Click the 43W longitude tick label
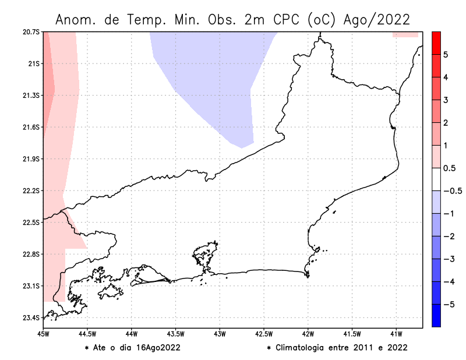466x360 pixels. (220, 334)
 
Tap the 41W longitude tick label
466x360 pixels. (396, 334)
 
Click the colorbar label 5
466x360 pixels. (445, 55)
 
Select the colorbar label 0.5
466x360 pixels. (449, 168)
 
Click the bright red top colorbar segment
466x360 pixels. (435, 43)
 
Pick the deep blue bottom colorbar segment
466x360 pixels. (435, 315)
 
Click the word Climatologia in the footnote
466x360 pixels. (303, 348)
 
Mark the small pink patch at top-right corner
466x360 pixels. (405, 34)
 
